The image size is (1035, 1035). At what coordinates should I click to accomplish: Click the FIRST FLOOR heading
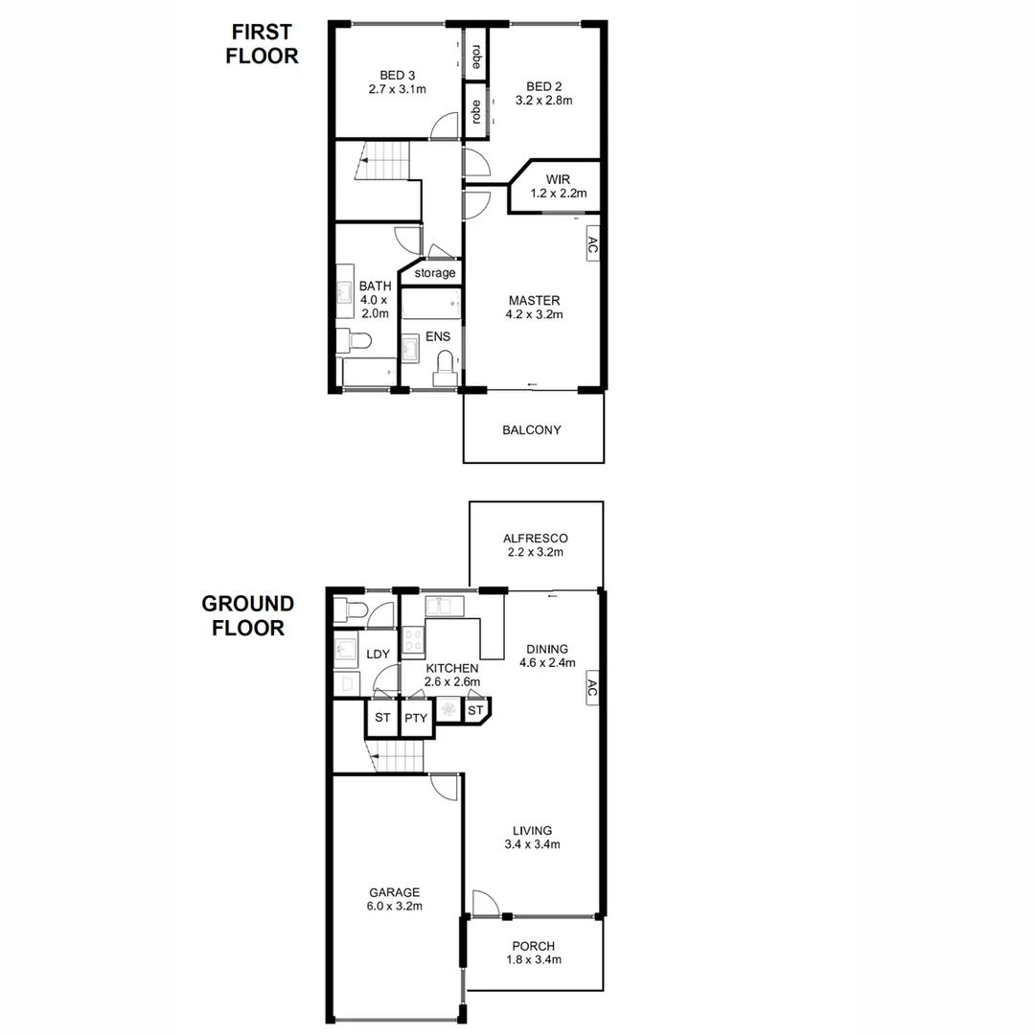[262, 44]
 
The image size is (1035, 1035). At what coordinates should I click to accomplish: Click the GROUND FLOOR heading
[247, 616]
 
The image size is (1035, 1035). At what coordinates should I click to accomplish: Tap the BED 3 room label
[397, 75]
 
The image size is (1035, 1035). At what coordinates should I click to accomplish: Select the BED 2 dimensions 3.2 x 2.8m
[543, 101]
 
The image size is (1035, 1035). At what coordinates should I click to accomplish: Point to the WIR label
[558, 179]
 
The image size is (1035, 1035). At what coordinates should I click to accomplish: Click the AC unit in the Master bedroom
[591, 246]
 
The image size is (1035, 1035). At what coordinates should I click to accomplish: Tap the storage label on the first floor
[435, 273]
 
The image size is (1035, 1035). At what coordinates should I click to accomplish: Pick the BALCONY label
[532, 429]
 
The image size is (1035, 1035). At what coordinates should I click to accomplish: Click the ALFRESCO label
[536, 539]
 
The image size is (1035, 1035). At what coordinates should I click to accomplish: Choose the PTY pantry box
[415, 718]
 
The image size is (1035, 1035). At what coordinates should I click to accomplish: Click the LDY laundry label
[379, 655]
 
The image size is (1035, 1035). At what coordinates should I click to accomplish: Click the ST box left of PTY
[382, 718]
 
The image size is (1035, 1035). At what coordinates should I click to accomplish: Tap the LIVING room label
[532, 830]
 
